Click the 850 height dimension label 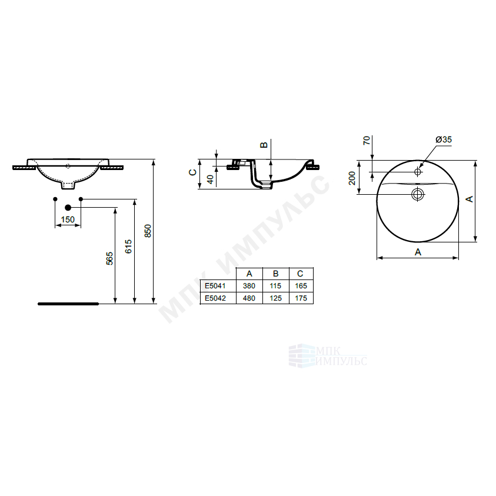click(x=148, y=231)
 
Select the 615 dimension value click(x=128, y=247)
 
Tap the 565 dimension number click(x=109, y=258)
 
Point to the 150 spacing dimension click(x=68, y=219)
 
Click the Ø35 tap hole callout click(x=444, y=139)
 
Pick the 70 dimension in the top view click(x=367, y=141)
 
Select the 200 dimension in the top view click(x=352, y=178)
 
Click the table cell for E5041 click(x=215, y=286)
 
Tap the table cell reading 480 click(x=249, y=298)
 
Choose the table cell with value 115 click(x=275, y=286)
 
